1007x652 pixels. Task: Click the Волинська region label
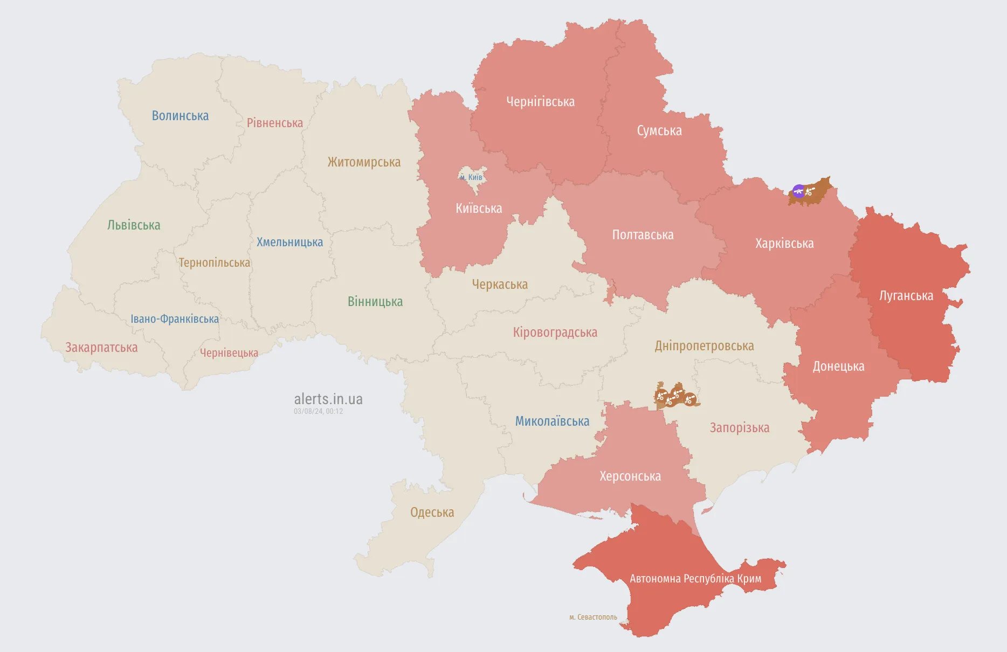coord(180,116)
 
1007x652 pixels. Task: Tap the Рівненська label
coord(274,123)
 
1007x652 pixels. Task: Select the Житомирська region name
coord(364,162)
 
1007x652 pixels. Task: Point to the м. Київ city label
coord(472,177)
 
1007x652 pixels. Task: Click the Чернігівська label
coord(540,102)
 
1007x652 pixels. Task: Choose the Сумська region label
coord(659,131)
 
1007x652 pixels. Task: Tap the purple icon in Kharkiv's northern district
coord(798,191)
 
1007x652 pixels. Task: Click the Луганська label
coord(906,296)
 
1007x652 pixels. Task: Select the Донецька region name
coord(838,366)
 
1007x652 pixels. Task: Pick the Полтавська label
coord(643,235)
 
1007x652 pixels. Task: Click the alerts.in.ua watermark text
coord(328,399)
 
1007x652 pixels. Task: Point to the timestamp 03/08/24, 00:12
coord(318,411)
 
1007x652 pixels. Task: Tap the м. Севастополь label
coord(593,617)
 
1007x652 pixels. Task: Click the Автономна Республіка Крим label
coord(695,579)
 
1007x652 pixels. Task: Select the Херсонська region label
coord(630,476)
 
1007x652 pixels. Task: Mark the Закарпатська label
coord(101,348)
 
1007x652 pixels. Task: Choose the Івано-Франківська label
coord(175,319)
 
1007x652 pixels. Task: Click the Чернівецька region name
coord(229,353)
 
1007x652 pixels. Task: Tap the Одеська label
coord(432,512)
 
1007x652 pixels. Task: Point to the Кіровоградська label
coord(555,332)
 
